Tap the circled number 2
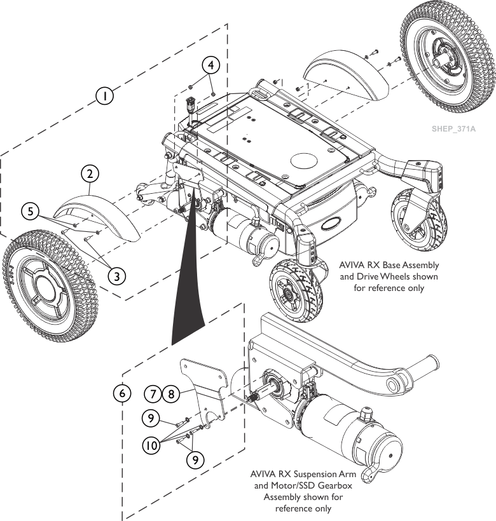click(90, 173)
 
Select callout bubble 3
click(116, 275)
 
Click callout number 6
click(120, 393)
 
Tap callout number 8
click(170, 393)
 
